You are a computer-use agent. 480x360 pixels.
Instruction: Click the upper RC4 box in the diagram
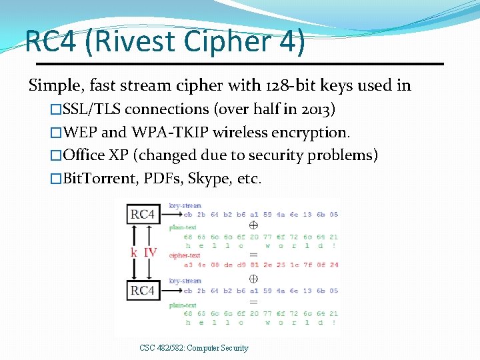coord(142,215)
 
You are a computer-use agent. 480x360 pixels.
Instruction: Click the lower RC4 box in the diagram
coord(142,291)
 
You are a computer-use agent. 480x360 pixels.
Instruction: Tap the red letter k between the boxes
coord(134,253)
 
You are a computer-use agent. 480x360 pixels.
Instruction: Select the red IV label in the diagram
coord(151,253)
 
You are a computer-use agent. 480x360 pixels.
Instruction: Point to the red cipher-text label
coord(185,255)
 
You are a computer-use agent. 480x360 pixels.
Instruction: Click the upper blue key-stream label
coord(185,205)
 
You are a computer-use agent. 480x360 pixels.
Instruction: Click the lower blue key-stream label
coord(185,281)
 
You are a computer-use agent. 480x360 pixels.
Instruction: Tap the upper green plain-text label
coord(183,227)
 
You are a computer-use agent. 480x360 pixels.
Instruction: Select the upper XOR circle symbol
coord(253,225)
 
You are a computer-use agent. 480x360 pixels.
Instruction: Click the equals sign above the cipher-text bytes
coord(253,255)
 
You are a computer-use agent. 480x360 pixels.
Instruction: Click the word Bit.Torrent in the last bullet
coord(99,179)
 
